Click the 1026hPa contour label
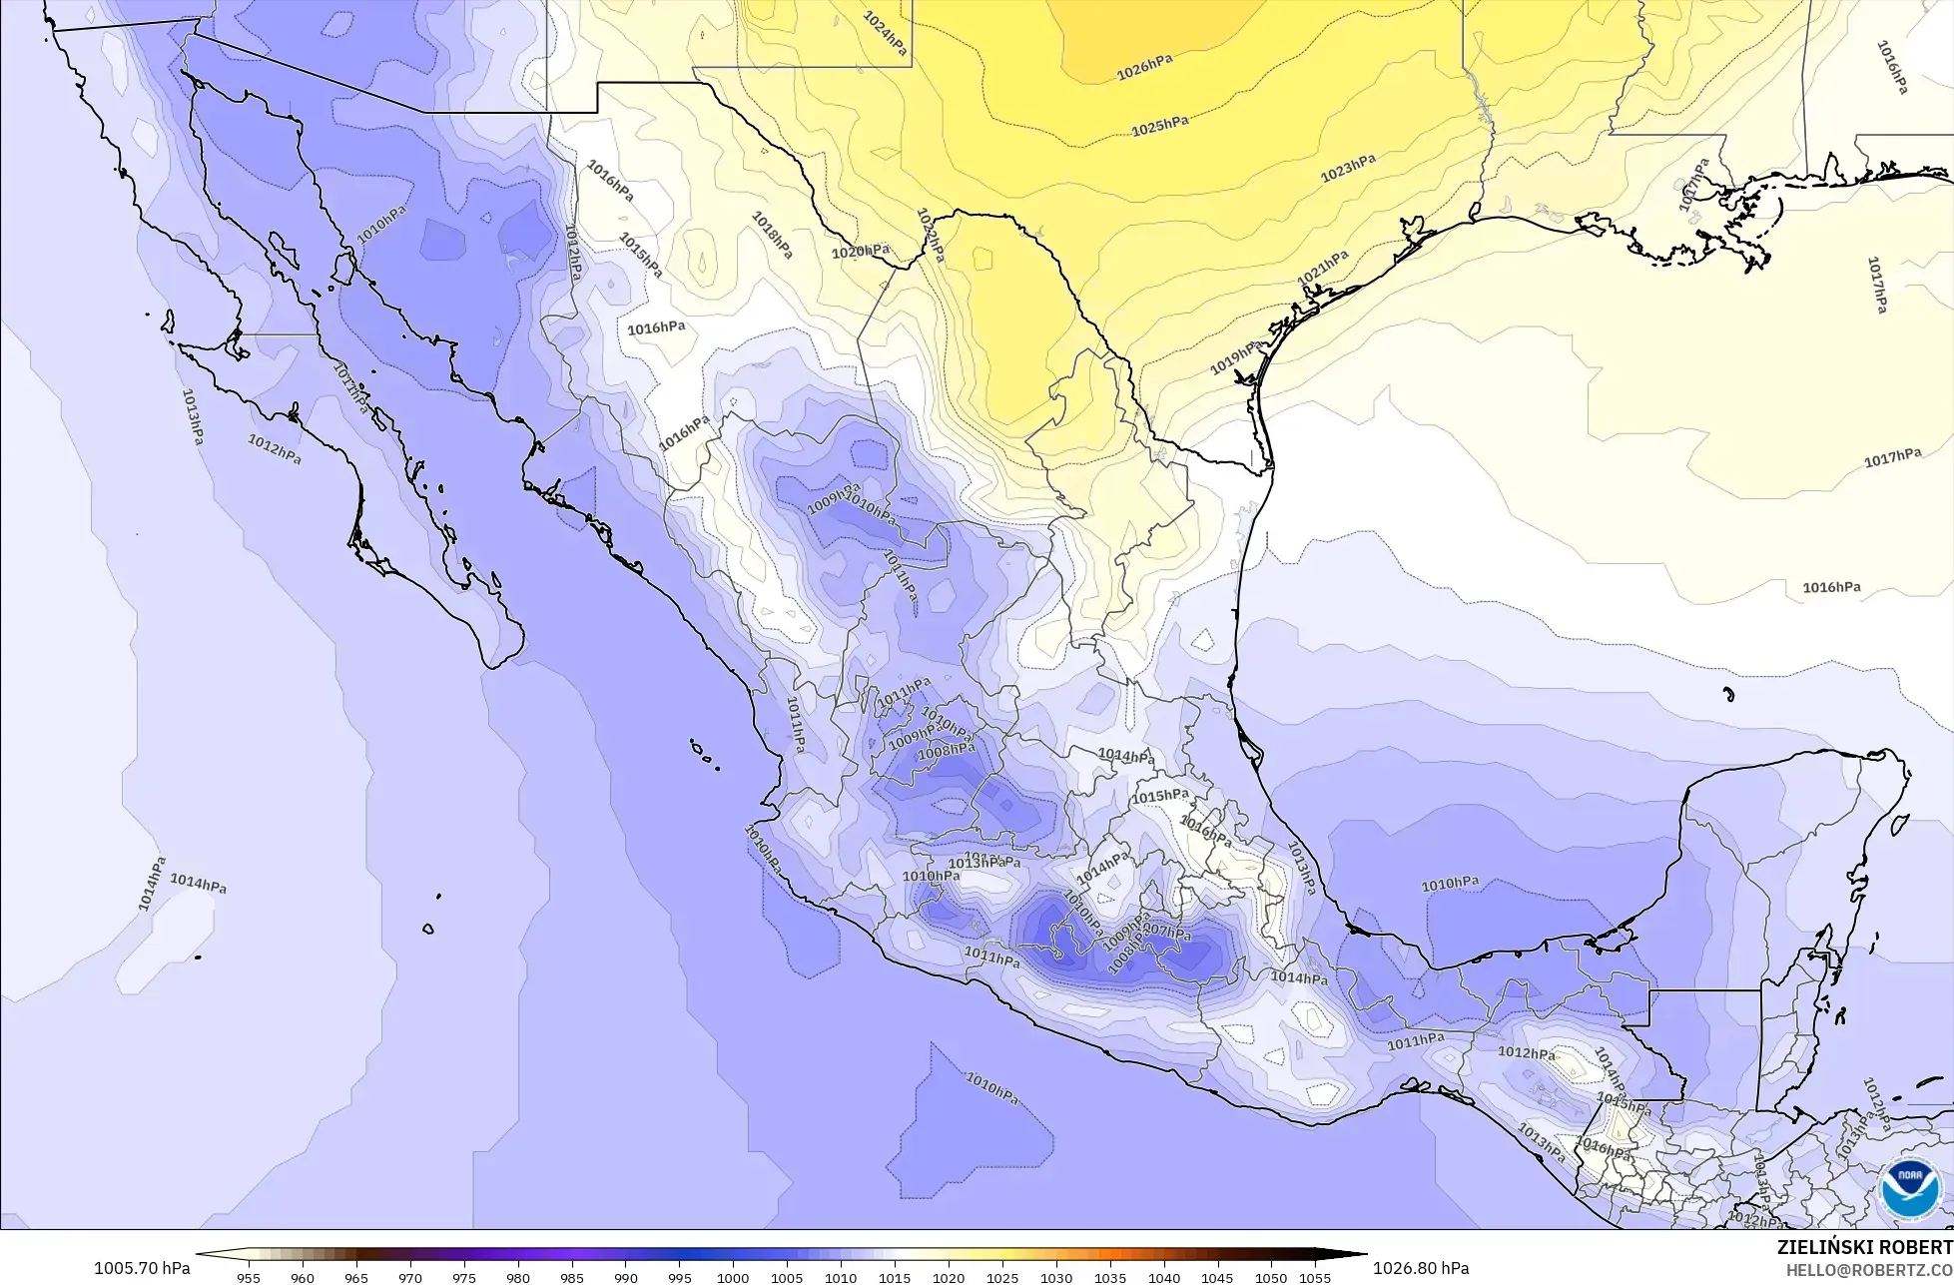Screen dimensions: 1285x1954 click(x=1144, y=68)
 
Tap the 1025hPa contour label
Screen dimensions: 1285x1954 click(x=1159, y=127)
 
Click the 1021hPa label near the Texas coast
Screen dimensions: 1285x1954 click(x=1323, y=267)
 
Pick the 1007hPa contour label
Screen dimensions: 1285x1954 click(x=1167, y=933)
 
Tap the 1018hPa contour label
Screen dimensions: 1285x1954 click(x=773, y=235)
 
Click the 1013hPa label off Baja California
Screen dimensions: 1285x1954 click(x=194, y=416)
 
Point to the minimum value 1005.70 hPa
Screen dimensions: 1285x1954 click(x=141, y=1268)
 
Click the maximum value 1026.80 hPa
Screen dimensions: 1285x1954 click(x=1421, y=1268)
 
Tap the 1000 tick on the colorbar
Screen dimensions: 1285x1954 click(x=733, y=1277)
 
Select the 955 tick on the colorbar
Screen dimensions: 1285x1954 click(x=249, y=1277)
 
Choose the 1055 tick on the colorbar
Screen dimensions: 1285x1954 click(x=1315, y=1277)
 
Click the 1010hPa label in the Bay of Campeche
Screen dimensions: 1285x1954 click(x=1450, y=884)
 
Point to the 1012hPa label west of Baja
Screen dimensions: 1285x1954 click(x=275, y=448)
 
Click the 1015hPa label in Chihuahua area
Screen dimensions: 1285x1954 click(x=640, y=255)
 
